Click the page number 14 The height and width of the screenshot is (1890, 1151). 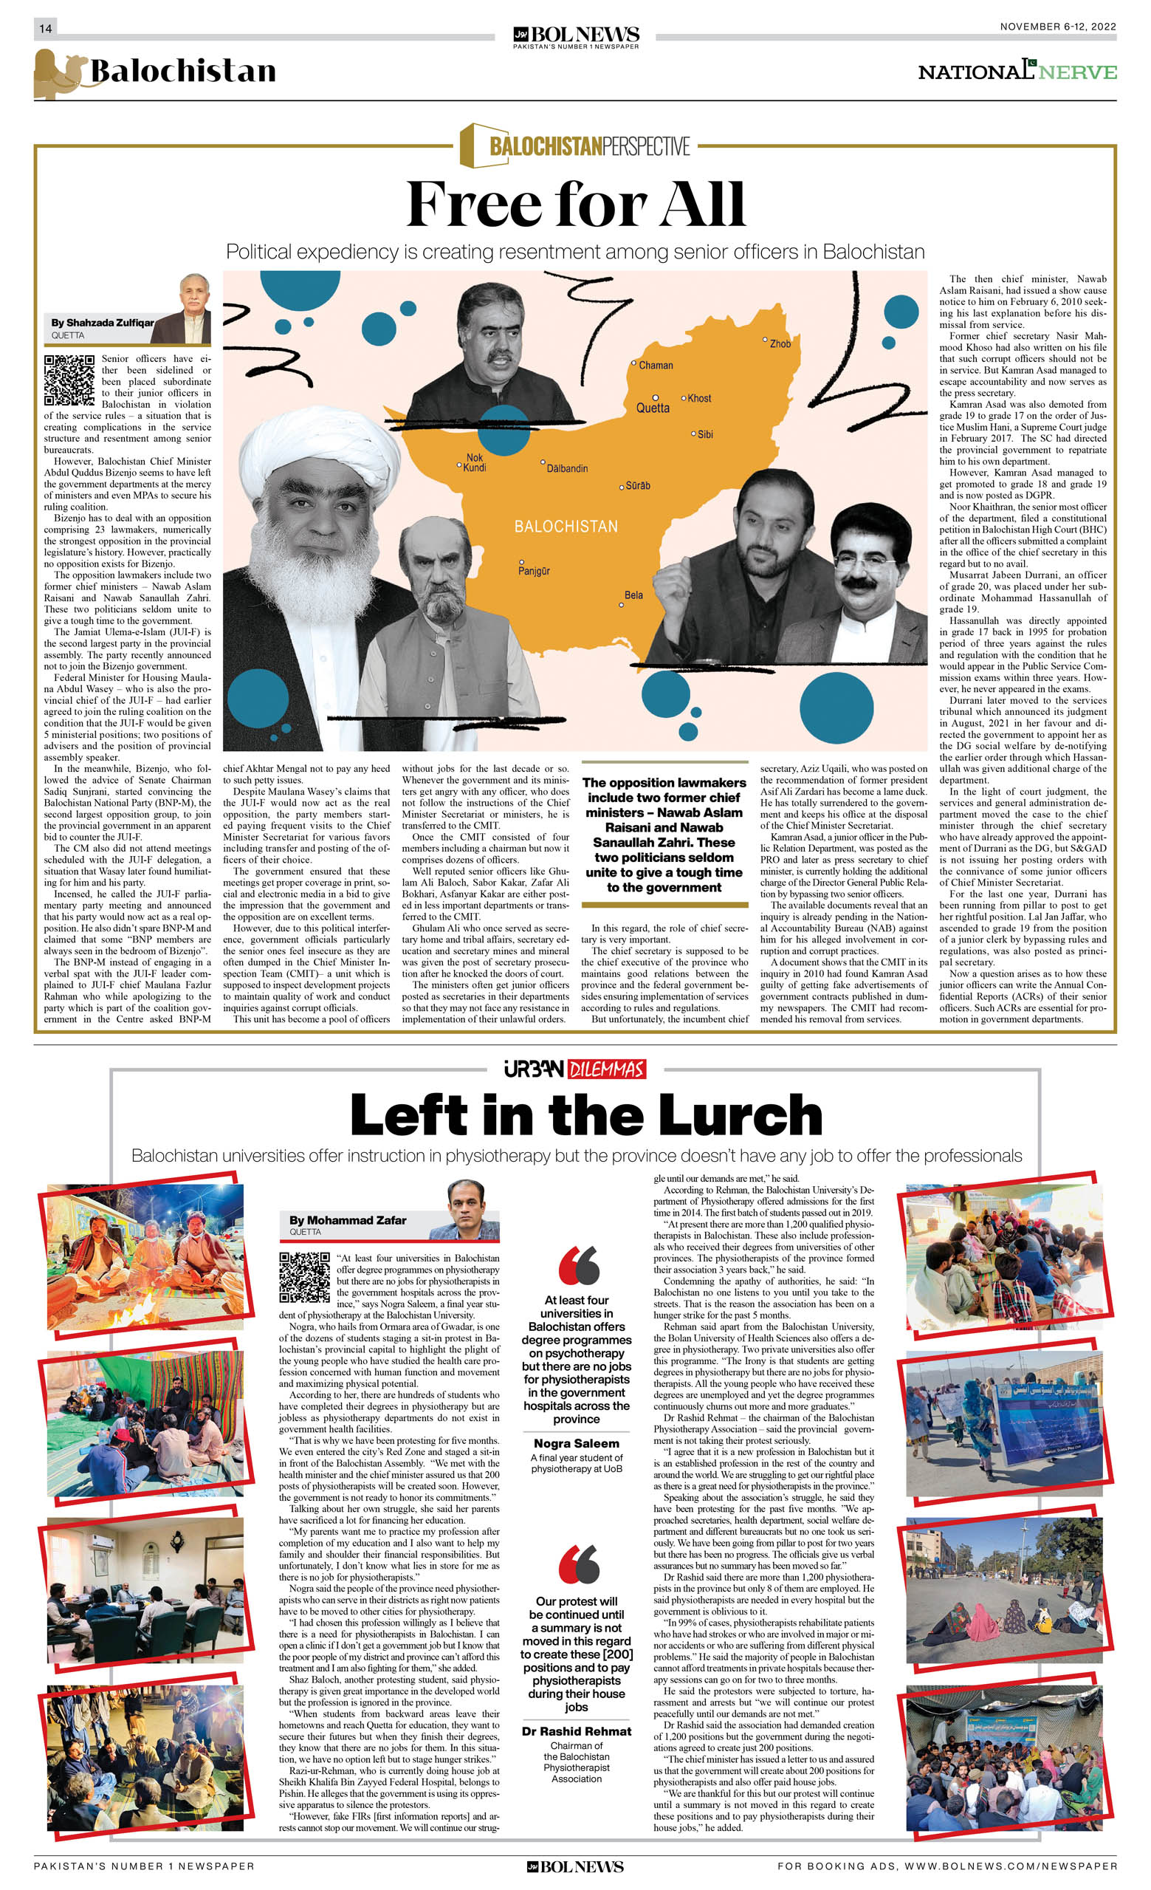45,28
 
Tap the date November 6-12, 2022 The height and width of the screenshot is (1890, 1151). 1057,27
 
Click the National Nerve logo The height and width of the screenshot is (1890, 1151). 1017,72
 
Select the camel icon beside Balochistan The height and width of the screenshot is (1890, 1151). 58,74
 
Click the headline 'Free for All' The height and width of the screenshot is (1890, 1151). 575,205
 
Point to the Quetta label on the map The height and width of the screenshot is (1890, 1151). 653,408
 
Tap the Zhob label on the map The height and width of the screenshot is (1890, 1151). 780,343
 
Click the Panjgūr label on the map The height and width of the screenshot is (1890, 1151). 534,571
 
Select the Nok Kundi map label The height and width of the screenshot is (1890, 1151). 475,462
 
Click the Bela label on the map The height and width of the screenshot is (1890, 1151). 633,595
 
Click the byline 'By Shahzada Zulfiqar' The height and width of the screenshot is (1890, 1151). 102,323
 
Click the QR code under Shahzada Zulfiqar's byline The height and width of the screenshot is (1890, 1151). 69,380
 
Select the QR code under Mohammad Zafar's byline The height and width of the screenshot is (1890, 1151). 304,1278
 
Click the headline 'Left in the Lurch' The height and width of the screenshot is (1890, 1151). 586,1115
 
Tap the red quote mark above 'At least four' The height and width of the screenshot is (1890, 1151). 579,1265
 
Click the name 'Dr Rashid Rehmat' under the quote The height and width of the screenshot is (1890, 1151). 577,1730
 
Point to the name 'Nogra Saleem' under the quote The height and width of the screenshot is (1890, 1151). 577,1443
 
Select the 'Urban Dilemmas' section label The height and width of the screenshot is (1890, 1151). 575,1069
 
